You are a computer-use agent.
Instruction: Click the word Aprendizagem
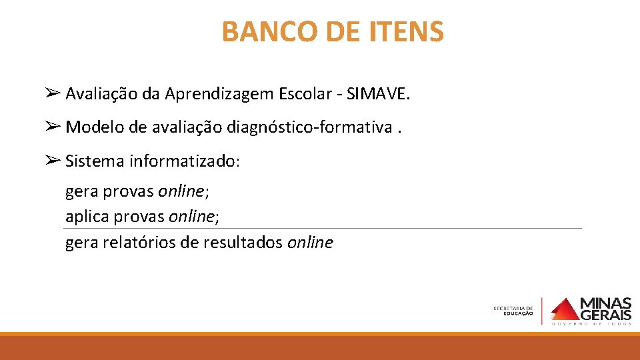pyautogui.click(x=226, y=95)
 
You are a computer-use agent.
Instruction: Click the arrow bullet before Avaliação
pyautogui.click(x=54, y=94)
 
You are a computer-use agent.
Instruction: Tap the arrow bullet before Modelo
pyautogui.click(x=54, y=126)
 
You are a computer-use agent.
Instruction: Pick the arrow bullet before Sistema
pyautogui.click(x=54, y=160)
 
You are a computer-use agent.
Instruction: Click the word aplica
pyautogui.click(x=87, y=217)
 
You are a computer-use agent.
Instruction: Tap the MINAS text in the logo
pyautogui.click(x=606, y=304)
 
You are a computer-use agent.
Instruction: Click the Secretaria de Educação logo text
pyautogui.click(x=513, y=311)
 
